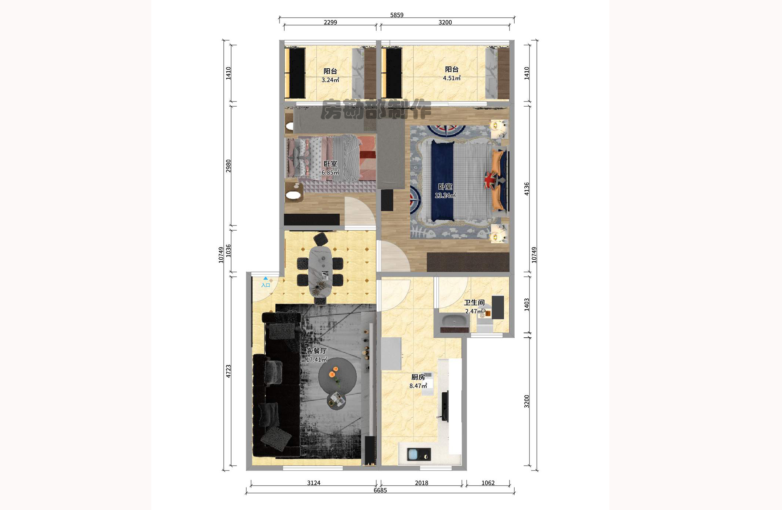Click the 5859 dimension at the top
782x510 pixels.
click(x=397, y=15)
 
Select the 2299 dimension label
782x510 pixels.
click(x=330, y=22)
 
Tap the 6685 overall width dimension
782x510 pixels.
click(x=380, y=490)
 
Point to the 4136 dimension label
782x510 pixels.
click(x=527, y=189)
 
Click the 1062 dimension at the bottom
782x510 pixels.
click(x=488, y=483)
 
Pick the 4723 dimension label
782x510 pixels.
click(x=228, y=371)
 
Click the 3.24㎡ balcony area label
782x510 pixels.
click(x=330, y=80)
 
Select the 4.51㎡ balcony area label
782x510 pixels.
click(x=452, y=78)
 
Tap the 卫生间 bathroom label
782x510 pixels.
click(x=474, y=303)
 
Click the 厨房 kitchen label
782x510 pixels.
click(x=418, y=377)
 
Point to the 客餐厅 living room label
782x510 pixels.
click(x=316, y=351)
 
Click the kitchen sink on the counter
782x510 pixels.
click(x=419, y=454)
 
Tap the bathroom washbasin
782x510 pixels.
click(x=454, y=320)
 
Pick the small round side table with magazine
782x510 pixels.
click(x=337, y=400)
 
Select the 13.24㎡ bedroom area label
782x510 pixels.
click(x=445, y=196)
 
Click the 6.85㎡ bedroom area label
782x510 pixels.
click(x=330, y=172)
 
